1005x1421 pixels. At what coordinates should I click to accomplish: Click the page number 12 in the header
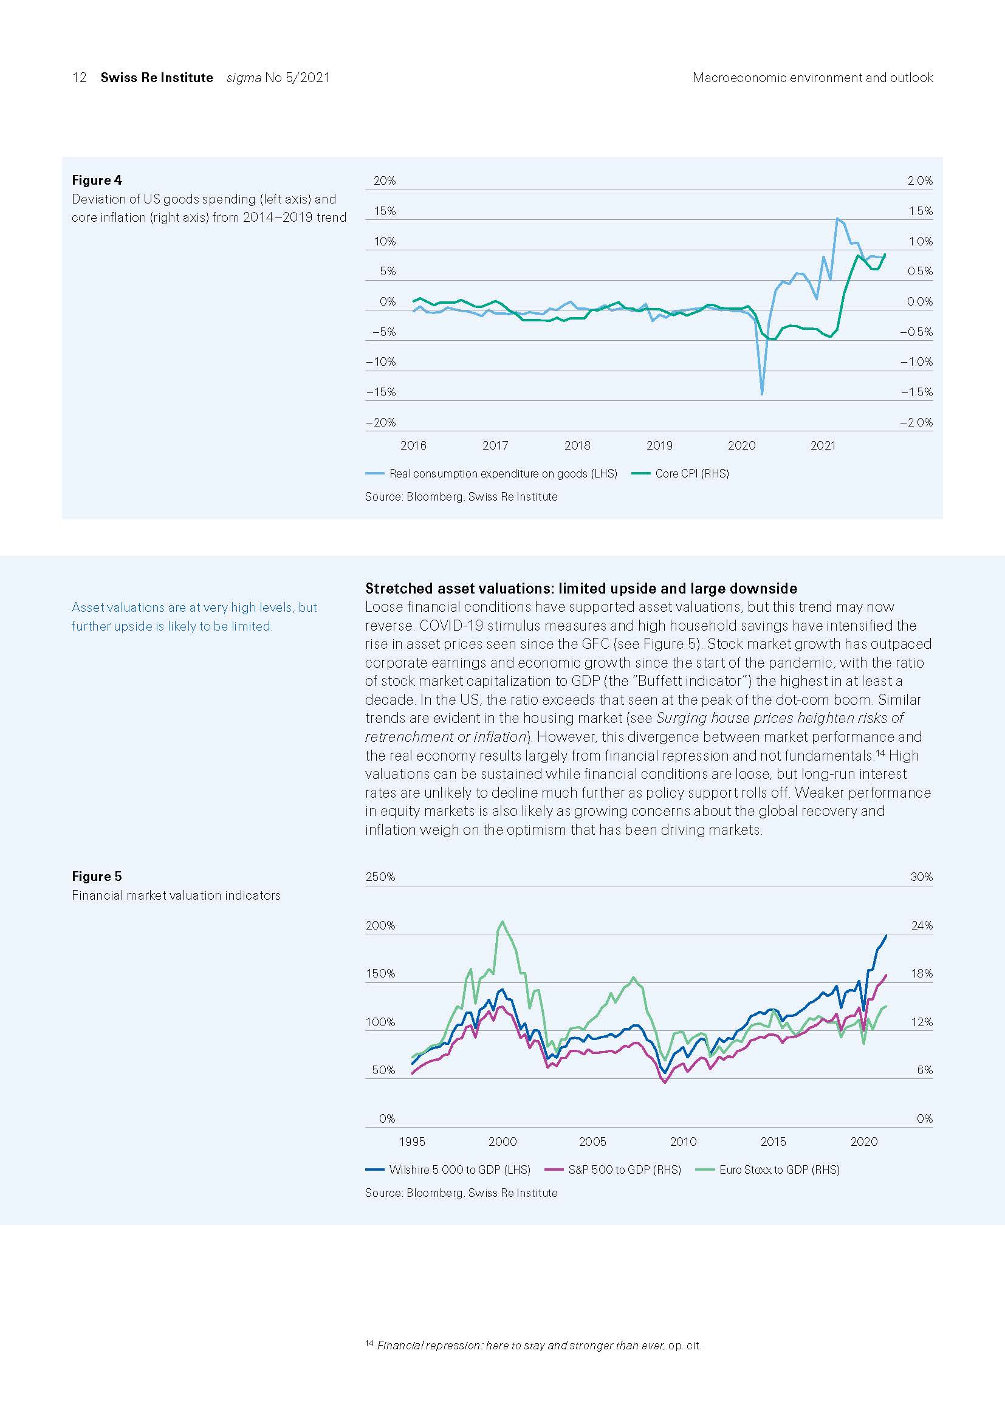79,77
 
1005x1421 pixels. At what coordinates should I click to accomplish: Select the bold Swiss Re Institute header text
157,77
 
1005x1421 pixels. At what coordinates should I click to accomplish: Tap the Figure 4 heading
97,180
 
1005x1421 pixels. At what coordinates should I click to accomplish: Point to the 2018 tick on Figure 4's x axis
577,445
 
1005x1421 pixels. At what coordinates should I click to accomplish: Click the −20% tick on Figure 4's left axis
380,422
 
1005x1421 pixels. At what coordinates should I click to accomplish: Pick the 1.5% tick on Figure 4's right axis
920,211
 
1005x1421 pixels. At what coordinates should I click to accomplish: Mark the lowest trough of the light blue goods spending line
762,394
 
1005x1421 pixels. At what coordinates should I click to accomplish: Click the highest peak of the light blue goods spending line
837,218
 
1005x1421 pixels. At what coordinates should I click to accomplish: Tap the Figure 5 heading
97,877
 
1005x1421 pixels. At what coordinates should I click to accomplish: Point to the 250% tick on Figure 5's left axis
380,877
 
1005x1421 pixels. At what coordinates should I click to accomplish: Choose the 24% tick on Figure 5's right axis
922,925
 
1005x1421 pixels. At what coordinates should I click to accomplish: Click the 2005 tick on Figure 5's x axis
592,1142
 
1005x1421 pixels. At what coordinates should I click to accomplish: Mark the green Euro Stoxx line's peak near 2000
502,922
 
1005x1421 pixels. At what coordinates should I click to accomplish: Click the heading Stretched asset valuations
580,588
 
